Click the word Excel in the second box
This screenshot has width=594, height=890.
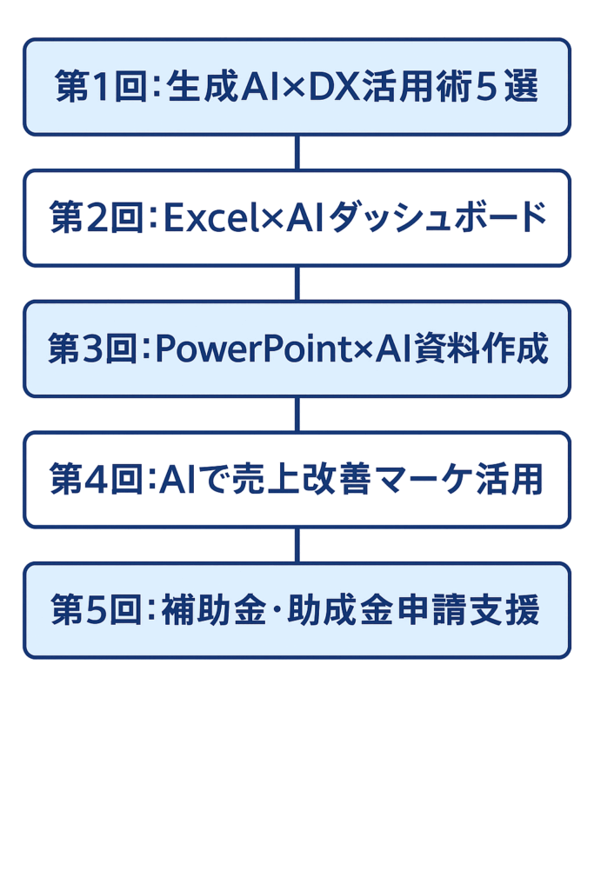pyautogui.click(x=211, y=216)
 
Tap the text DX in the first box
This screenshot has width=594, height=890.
pyautogui.click(x=335, y=87)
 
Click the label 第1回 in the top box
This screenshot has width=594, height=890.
pyautogui.click(x=101, y=87)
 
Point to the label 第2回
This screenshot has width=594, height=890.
pyautogui.click(x=96, y=216)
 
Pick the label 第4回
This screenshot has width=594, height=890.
pyautogui.click(x=96, y=479)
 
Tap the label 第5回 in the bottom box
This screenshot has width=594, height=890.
pyautogui.click(x=96, y=610)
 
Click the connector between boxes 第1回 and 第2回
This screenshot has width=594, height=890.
pyautogui.click(x=297, y=152)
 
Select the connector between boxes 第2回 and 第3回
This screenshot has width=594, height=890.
pyautogui.click(x=297, y=283)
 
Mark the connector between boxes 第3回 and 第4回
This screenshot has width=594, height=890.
pyautogui.click(x=297, y=415)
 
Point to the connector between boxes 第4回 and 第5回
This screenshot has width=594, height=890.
pyautogui.click(x=297, y=546)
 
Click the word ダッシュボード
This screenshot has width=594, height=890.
pyautogui.click(x=437, y=216)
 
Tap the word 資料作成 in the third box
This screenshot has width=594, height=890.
pyautogui.click(x=481, y=349)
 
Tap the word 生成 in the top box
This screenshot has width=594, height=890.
pyautogui.click(x=203, y=87)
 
